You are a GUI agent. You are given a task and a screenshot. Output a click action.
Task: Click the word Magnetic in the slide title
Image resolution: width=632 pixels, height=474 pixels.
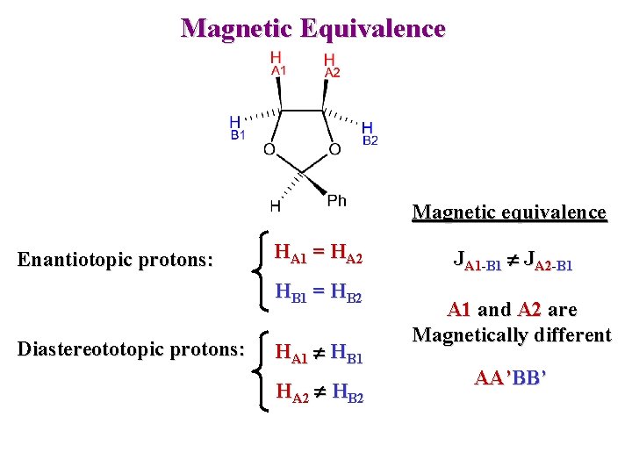pyautogui.click(x=236, y=28)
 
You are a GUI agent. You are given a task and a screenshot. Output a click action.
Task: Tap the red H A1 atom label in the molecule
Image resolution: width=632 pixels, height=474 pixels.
pyautogui.click(x=277, y=63)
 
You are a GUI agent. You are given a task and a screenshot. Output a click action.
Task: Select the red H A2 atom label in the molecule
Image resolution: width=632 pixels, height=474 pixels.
pyautogui.click(x=331, y=65)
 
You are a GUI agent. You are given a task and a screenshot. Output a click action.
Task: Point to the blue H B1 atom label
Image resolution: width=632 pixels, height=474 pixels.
pyautogui.click(x=237, y=127)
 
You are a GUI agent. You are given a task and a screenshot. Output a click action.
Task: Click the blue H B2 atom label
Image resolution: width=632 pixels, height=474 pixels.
pyautogui.click(x=369, y=133)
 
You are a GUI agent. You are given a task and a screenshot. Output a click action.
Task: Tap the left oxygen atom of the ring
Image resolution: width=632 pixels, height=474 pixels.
pyautogui.click(x=269, y=150)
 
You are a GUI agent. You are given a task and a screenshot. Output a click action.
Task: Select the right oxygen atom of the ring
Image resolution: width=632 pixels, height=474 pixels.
pyautogui.click(x=334, y=150)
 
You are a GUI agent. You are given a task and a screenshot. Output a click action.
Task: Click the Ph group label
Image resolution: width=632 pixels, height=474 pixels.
pyautogui.click(x=336, y=201)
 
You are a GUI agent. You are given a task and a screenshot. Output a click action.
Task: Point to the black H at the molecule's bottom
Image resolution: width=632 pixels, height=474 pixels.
pyautogui.click(x=276, y=206)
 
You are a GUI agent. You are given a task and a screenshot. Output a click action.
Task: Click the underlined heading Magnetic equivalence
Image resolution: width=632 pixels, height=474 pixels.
pyautogui.click(x=509, y=212)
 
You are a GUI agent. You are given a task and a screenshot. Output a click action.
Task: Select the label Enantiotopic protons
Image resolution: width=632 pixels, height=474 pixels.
pyautogui.click(x=116, y=259)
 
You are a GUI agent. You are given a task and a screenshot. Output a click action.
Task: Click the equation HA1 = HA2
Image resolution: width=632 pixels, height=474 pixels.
pyautogui.click(x=318, y=255)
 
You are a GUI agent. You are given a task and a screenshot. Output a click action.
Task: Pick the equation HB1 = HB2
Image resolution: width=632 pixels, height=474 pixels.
pyautogui.click(x=318, y=292)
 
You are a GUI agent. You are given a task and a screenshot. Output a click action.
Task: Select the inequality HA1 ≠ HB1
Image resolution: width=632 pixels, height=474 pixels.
pyautogui.click(x=319, y=353)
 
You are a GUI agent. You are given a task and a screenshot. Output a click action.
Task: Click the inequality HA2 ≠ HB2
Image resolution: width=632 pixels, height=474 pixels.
pyautogui.click(x=319, y=394)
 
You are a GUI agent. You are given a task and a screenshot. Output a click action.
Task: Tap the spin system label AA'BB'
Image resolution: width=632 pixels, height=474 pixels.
pyautogui.click(x=512, y=378)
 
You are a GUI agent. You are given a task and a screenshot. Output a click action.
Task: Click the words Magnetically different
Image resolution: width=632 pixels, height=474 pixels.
pyautogui.click(x=512, y=334)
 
